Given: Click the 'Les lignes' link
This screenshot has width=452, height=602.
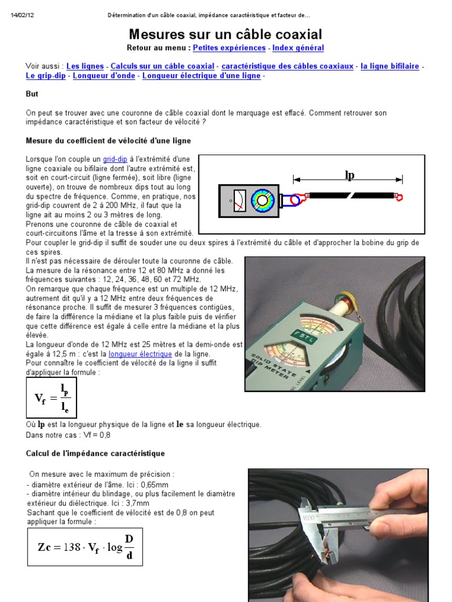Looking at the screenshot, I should point(85,66).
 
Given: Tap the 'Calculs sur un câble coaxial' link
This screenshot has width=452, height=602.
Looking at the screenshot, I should point(162,66).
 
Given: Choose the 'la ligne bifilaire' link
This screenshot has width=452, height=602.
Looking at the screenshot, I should point(390,66).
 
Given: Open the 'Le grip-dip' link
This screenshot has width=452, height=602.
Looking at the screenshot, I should point(46,76).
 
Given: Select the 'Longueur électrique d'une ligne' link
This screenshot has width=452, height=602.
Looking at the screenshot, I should point(202,76).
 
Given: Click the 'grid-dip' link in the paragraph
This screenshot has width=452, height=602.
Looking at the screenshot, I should point(115,159).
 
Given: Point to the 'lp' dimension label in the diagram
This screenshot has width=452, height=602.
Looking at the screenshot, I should point(349,175).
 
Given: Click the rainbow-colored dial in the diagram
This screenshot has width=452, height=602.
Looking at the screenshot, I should point(262,200).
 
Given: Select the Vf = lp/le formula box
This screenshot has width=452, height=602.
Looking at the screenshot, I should point(52,398).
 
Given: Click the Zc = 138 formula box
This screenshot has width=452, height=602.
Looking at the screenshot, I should point(85,546).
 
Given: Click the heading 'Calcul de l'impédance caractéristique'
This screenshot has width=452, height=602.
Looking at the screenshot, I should point(95,454).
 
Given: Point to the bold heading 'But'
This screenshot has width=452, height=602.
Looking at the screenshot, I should point(32,94).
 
